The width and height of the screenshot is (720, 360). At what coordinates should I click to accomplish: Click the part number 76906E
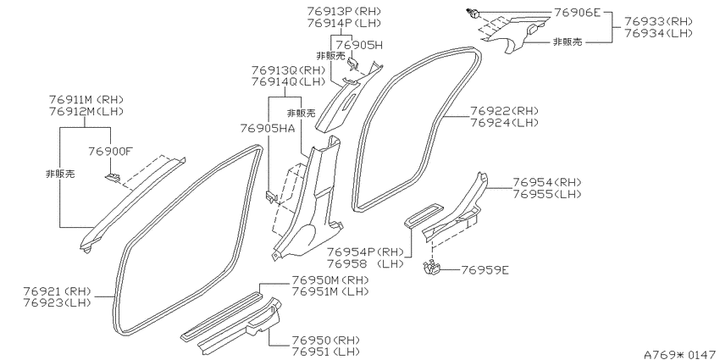click(577, 13)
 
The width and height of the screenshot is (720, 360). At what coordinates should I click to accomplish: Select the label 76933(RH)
click(657, 21)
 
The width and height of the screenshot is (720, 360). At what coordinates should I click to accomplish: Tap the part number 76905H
click(359, 45)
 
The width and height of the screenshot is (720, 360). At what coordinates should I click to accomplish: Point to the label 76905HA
click(266, 129)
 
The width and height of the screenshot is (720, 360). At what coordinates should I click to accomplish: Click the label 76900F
click(111, 151)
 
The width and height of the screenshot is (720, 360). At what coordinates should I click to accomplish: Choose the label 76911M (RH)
click(86, 99)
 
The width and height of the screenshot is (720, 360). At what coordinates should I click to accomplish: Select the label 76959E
click(485, 270)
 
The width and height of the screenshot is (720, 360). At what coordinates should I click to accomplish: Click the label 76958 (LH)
click(365, 263)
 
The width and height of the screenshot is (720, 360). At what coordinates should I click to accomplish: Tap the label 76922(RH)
click(504, 111)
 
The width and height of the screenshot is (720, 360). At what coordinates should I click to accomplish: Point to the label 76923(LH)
click(58, 302)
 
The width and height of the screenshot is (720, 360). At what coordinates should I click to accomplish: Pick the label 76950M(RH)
click(330, 280)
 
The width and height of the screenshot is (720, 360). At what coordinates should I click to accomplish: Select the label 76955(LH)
click(547, 194)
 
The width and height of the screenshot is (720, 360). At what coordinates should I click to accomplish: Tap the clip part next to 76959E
click(432, 269)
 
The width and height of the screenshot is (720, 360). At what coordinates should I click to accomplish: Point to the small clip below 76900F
click(113, 177)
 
